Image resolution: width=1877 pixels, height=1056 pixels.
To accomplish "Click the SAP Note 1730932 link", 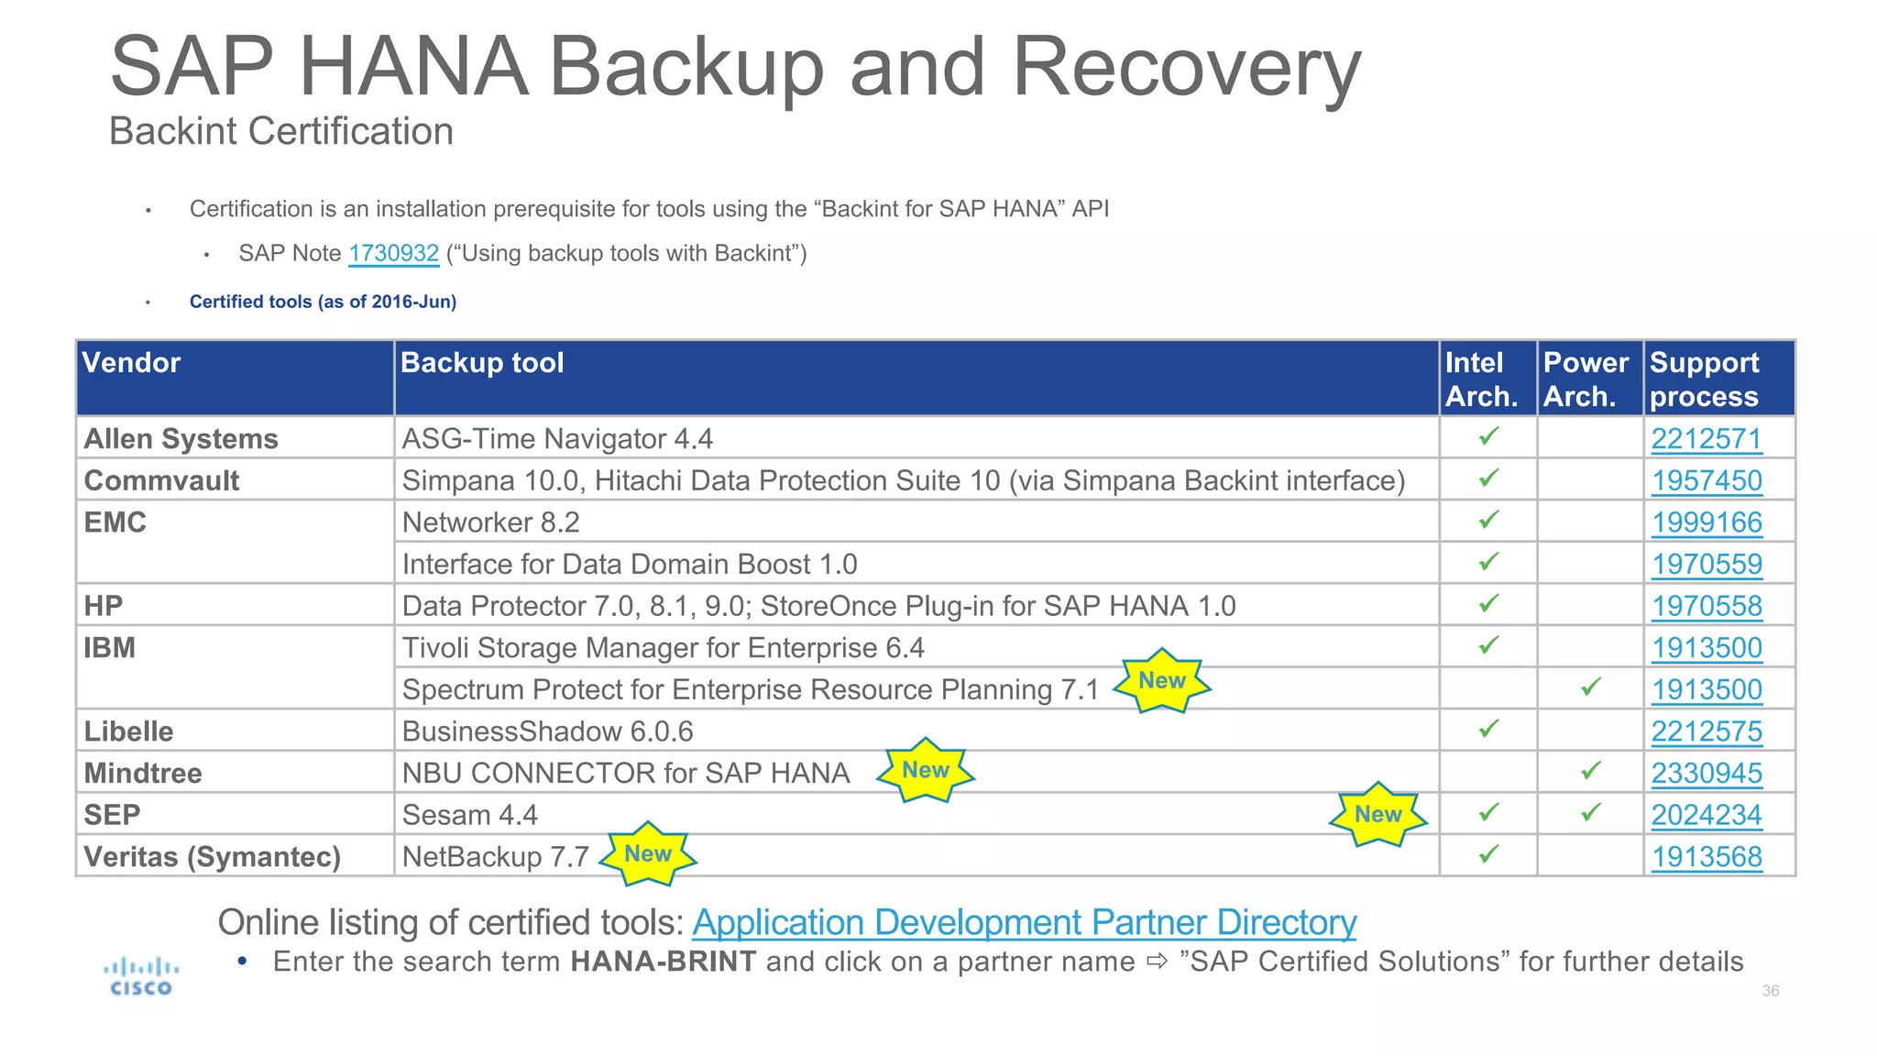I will pos(393,254).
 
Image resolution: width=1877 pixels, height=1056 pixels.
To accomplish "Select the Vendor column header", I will pos(131,363).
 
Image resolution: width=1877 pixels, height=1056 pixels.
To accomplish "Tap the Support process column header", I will pos(1704,379).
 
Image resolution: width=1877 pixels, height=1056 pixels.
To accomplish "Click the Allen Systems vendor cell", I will pos(181,439).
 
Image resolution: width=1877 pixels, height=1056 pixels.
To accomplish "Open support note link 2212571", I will pos(1706,439).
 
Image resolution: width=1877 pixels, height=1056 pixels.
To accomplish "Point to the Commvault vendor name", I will pos(161,481).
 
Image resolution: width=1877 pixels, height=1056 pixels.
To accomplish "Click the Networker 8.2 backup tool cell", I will pos(491,522).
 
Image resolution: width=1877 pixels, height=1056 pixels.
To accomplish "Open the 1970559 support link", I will pos(1707,565).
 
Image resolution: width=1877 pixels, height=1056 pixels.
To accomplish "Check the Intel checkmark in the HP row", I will pos(1488,604).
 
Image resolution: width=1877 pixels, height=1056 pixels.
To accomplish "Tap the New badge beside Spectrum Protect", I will pos(1161,681).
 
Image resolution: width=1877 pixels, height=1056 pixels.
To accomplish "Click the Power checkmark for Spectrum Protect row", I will pos(1590,687).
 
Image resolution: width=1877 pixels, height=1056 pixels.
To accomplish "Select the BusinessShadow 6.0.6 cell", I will pos(547,731).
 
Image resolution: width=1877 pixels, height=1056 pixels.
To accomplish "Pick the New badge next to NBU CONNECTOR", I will pos(925,770).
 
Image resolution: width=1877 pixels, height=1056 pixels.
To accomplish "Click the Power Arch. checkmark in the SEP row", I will pos(1590,813).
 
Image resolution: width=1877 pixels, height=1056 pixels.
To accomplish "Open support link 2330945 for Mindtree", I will pos(1706,774).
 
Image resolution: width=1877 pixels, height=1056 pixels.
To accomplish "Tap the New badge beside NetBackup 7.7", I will pos(647,854).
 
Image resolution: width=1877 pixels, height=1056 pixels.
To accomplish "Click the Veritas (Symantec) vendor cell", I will pos(212,857).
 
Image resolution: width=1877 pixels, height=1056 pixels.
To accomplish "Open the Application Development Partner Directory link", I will pos(1024,922).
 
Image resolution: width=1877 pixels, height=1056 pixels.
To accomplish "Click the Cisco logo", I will pos(141,976).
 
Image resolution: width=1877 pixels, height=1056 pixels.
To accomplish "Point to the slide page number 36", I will pos(1770,991).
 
